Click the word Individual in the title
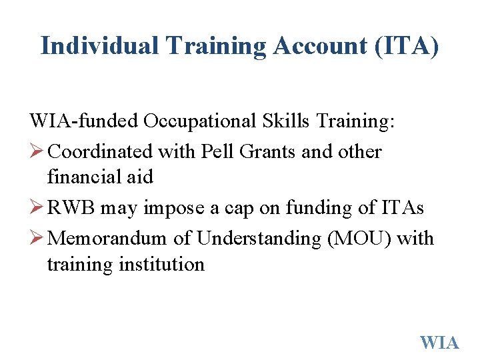click(99, 45)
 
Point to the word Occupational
click(198, 121)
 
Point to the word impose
click(175, 208)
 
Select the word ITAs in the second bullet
click(404, 208)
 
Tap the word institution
click(161, 264)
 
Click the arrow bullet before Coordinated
click(37, 151)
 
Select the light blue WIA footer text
click(439, 343)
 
